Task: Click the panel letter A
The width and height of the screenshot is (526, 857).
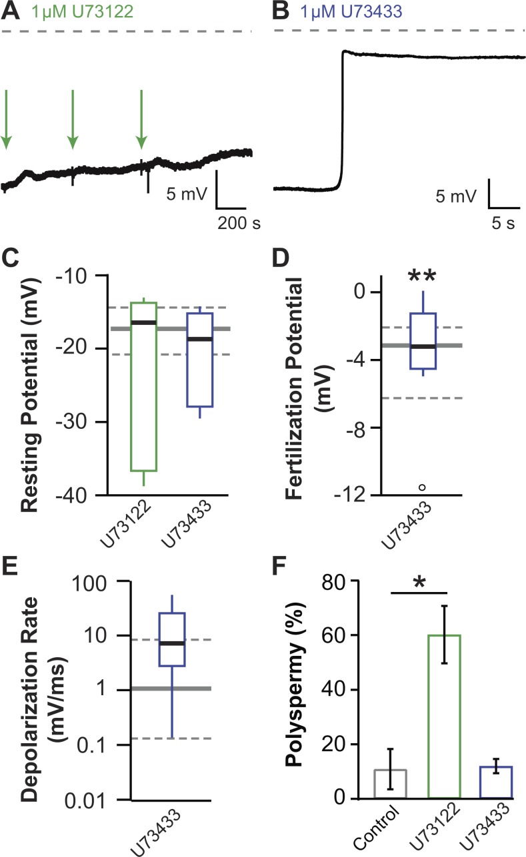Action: click(x=10, y=11)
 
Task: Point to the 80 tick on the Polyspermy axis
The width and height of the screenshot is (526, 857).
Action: click(x=352, y=581)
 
